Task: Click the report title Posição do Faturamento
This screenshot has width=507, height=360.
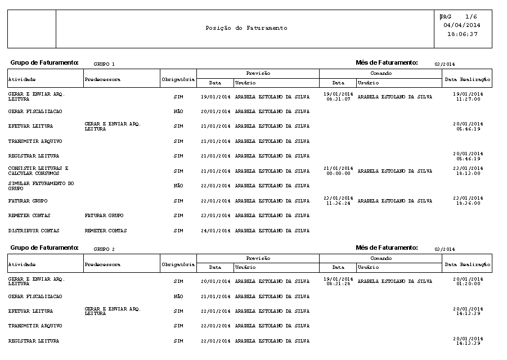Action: pos(246,28)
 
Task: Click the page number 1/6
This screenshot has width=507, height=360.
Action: pos(472,17)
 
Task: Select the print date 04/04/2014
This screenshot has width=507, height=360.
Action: pos(462,25)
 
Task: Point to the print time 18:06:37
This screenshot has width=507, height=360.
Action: pos(462,34)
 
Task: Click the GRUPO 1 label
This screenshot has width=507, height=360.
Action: pos(104,64)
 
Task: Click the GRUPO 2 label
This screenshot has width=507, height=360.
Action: pos(104,249)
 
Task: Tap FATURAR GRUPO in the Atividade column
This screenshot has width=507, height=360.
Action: pos(28,201)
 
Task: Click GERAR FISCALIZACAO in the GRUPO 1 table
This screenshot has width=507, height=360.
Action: pos(35,112)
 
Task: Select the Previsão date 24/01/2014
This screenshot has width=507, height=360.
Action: pos(216,231)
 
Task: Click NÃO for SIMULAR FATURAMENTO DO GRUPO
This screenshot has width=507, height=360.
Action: pos(178,186)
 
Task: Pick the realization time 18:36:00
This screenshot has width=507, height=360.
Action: pos(468,204)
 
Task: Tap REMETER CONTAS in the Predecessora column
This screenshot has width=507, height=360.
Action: pos(106,231)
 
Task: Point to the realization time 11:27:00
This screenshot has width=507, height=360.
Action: pos(468,99)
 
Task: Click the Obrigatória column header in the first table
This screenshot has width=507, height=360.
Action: pos(178,79)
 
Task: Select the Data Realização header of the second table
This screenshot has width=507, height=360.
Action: pos(468,264)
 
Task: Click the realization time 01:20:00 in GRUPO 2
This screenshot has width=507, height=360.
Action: pos(468,284)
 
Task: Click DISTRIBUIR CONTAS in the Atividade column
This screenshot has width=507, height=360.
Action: pos(34,231)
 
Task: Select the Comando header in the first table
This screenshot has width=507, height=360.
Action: pos(381,73)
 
